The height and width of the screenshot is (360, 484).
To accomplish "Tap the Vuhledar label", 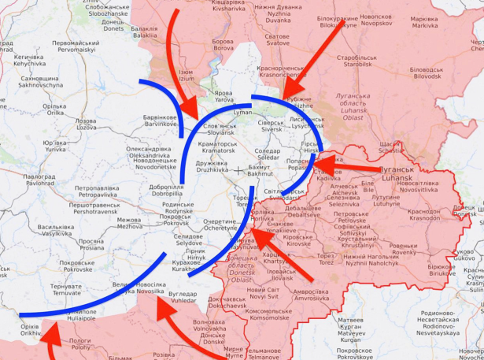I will click(x=183, y=296).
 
